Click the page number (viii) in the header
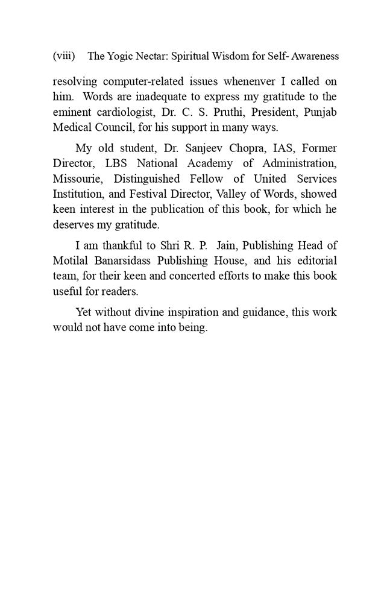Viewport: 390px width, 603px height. (x=63, y=56)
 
